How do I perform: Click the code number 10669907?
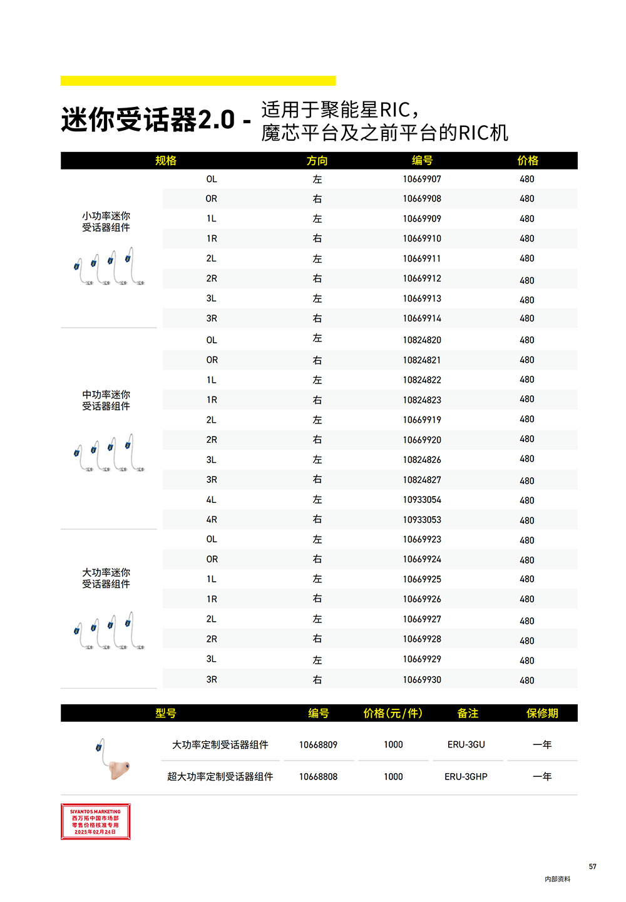(x=422, y=179)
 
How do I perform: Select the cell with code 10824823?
(x=422, y=400)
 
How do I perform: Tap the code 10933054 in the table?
(x=422, y=500)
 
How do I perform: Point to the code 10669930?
(x=422, y=679)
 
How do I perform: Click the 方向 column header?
(x=317, y=161)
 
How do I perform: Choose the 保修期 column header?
(x=542, y=713)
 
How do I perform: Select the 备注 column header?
(x=468, y=713)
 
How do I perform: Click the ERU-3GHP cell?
(x=466, y=776)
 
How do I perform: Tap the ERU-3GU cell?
(x=466, y=744)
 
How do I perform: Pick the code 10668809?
(x=318, y=744)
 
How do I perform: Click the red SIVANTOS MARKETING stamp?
(x=95, y=821)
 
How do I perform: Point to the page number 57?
(x=592, y=866)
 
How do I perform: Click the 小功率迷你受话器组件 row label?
(x=106, y=221)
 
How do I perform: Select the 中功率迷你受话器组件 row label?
(x=106, y=400)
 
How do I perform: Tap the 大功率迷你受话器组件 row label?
(x=106, y=578)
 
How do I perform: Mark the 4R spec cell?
(x=212, y=519)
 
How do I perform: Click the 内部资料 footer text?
(x=557, y=879)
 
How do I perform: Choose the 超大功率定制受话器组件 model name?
(x=220, y=776)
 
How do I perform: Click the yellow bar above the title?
(x=198, y=81)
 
